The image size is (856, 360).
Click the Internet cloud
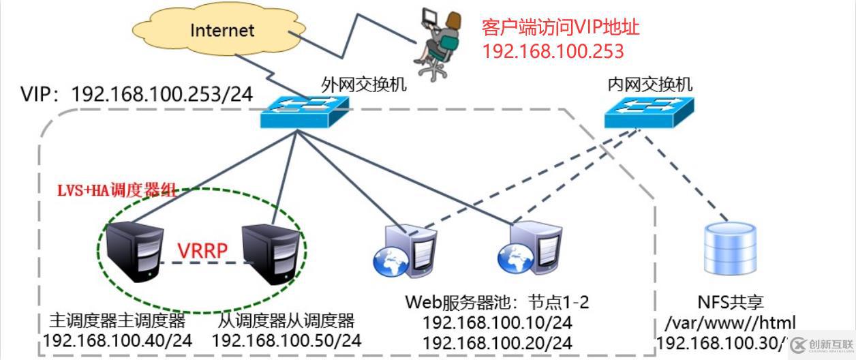pos(221,31)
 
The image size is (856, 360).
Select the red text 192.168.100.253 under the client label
pos(553,51)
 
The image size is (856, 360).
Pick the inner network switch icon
pos(648,112)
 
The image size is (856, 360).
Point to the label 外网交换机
pos(363,84)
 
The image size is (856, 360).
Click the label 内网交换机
pos(649,84)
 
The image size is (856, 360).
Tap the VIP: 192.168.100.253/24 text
pos(136,94)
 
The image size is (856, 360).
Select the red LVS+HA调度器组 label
pos(117,190)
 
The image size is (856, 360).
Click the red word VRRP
pos(202,251)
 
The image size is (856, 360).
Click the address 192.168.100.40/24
pos(118,340)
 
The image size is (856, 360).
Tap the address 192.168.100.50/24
pos(286,340)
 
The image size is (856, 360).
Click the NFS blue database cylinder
pos(730,250)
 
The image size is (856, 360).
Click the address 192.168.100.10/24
pos(497,322)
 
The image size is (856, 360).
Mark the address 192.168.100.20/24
pos(497,342)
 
